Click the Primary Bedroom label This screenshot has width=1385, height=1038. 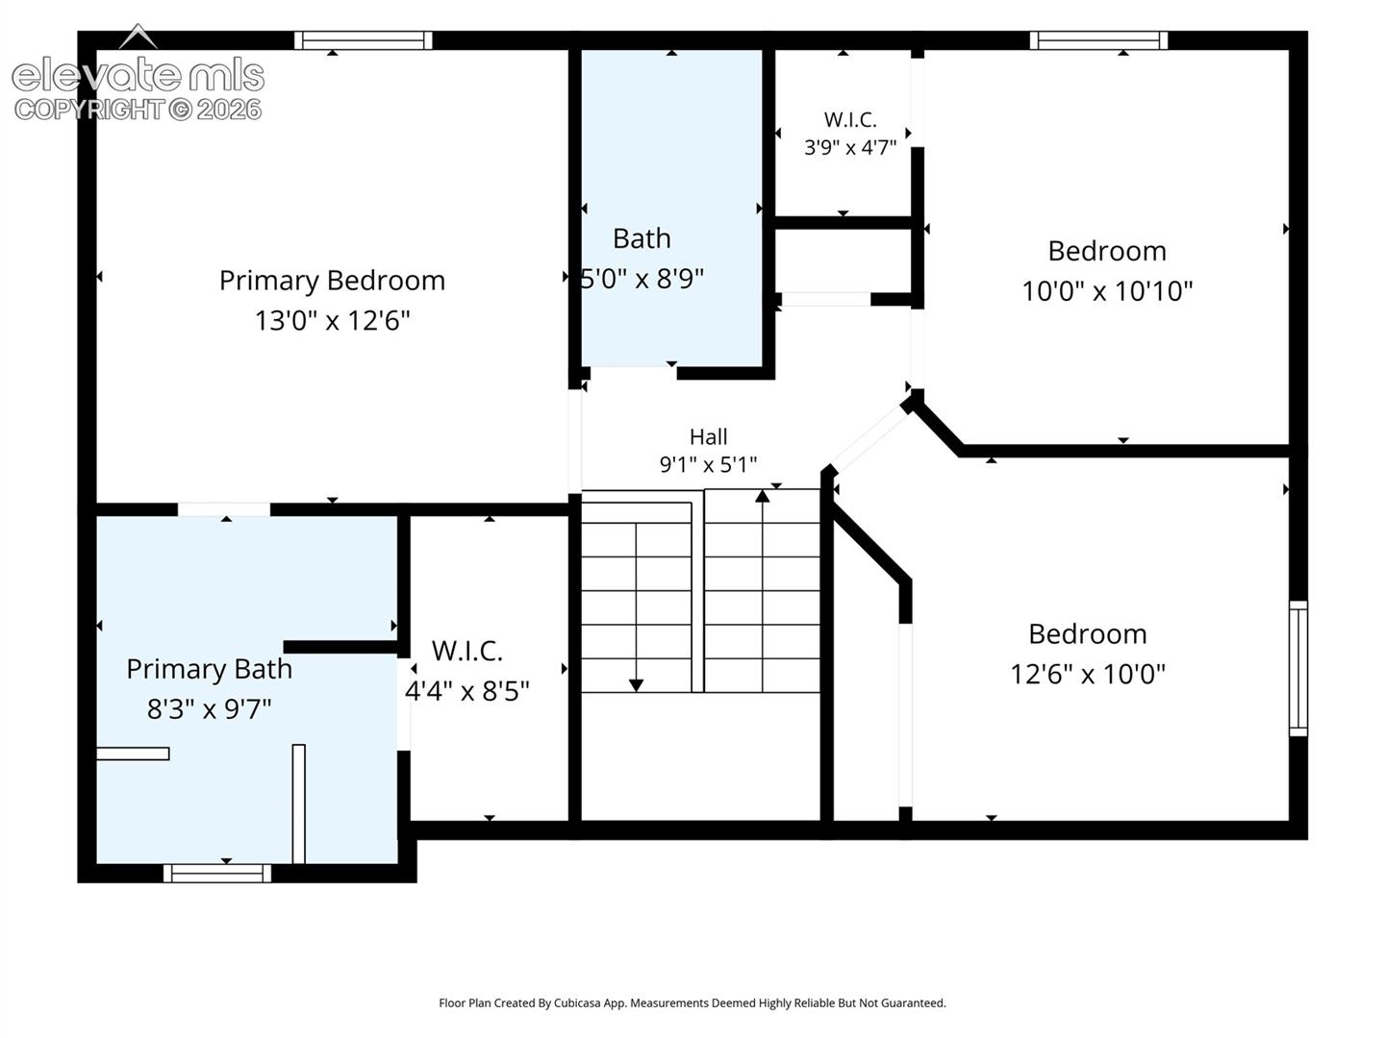coord(332,281)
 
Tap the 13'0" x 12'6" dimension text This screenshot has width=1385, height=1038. coord(332,321)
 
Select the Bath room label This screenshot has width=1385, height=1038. coord(642,239)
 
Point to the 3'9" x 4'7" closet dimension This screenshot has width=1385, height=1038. coord(850,147)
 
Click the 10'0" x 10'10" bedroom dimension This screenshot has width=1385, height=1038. coord(1107,291)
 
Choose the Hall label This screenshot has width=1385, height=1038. coord(708,436)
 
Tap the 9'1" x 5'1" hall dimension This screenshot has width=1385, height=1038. coord(708,465)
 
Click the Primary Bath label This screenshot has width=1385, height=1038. coord(209,669)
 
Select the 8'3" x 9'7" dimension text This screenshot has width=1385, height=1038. coord(209,709)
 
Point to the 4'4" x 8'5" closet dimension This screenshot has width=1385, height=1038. coord(466,691)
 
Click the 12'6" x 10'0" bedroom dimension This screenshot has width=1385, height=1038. coord(1087,674)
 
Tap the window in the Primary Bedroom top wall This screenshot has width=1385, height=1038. coord(363,40)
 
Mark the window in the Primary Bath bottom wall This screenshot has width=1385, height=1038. coord(217,873)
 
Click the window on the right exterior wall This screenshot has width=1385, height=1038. coord(1297,668)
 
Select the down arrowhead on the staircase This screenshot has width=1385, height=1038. coord(636,685)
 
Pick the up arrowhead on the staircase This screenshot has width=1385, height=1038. coord(762,496)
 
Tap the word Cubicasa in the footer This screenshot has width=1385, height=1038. coord(577,1002)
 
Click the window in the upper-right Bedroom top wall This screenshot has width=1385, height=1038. coord(1098,40)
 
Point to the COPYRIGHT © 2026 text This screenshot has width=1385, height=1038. coord(138,110)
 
